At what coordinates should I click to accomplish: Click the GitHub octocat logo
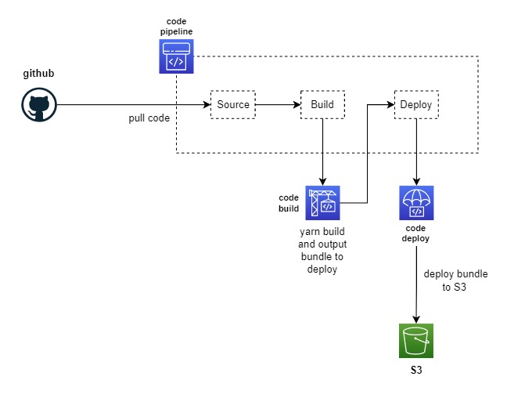pos(38,105)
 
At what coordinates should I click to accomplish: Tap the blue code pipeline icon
pos(177,56)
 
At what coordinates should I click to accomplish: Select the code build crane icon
pos(322,203)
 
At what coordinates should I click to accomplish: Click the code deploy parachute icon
pos(416,203)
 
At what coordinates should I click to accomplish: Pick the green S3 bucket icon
pos(416,340)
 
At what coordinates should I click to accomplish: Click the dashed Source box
pos(233,104)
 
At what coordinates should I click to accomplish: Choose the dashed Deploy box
pos(415,104)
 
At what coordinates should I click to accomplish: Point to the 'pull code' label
pos(149,118)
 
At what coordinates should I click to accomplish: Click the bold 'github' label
pos(38,74)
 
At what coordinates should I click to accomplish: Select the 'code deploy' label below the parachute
pos(415,233)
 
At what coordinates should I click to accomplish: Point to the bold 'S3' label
pos(416,368)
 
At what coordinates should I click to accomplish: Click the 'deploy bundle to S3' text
pos(455,280)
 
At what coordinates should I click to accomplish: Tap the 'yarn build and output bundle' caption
pos(322,251)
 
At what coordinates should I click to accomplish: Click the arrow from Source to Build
pos(278,104)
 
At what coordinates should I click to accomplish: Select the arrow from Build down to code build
pos(323,152)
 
